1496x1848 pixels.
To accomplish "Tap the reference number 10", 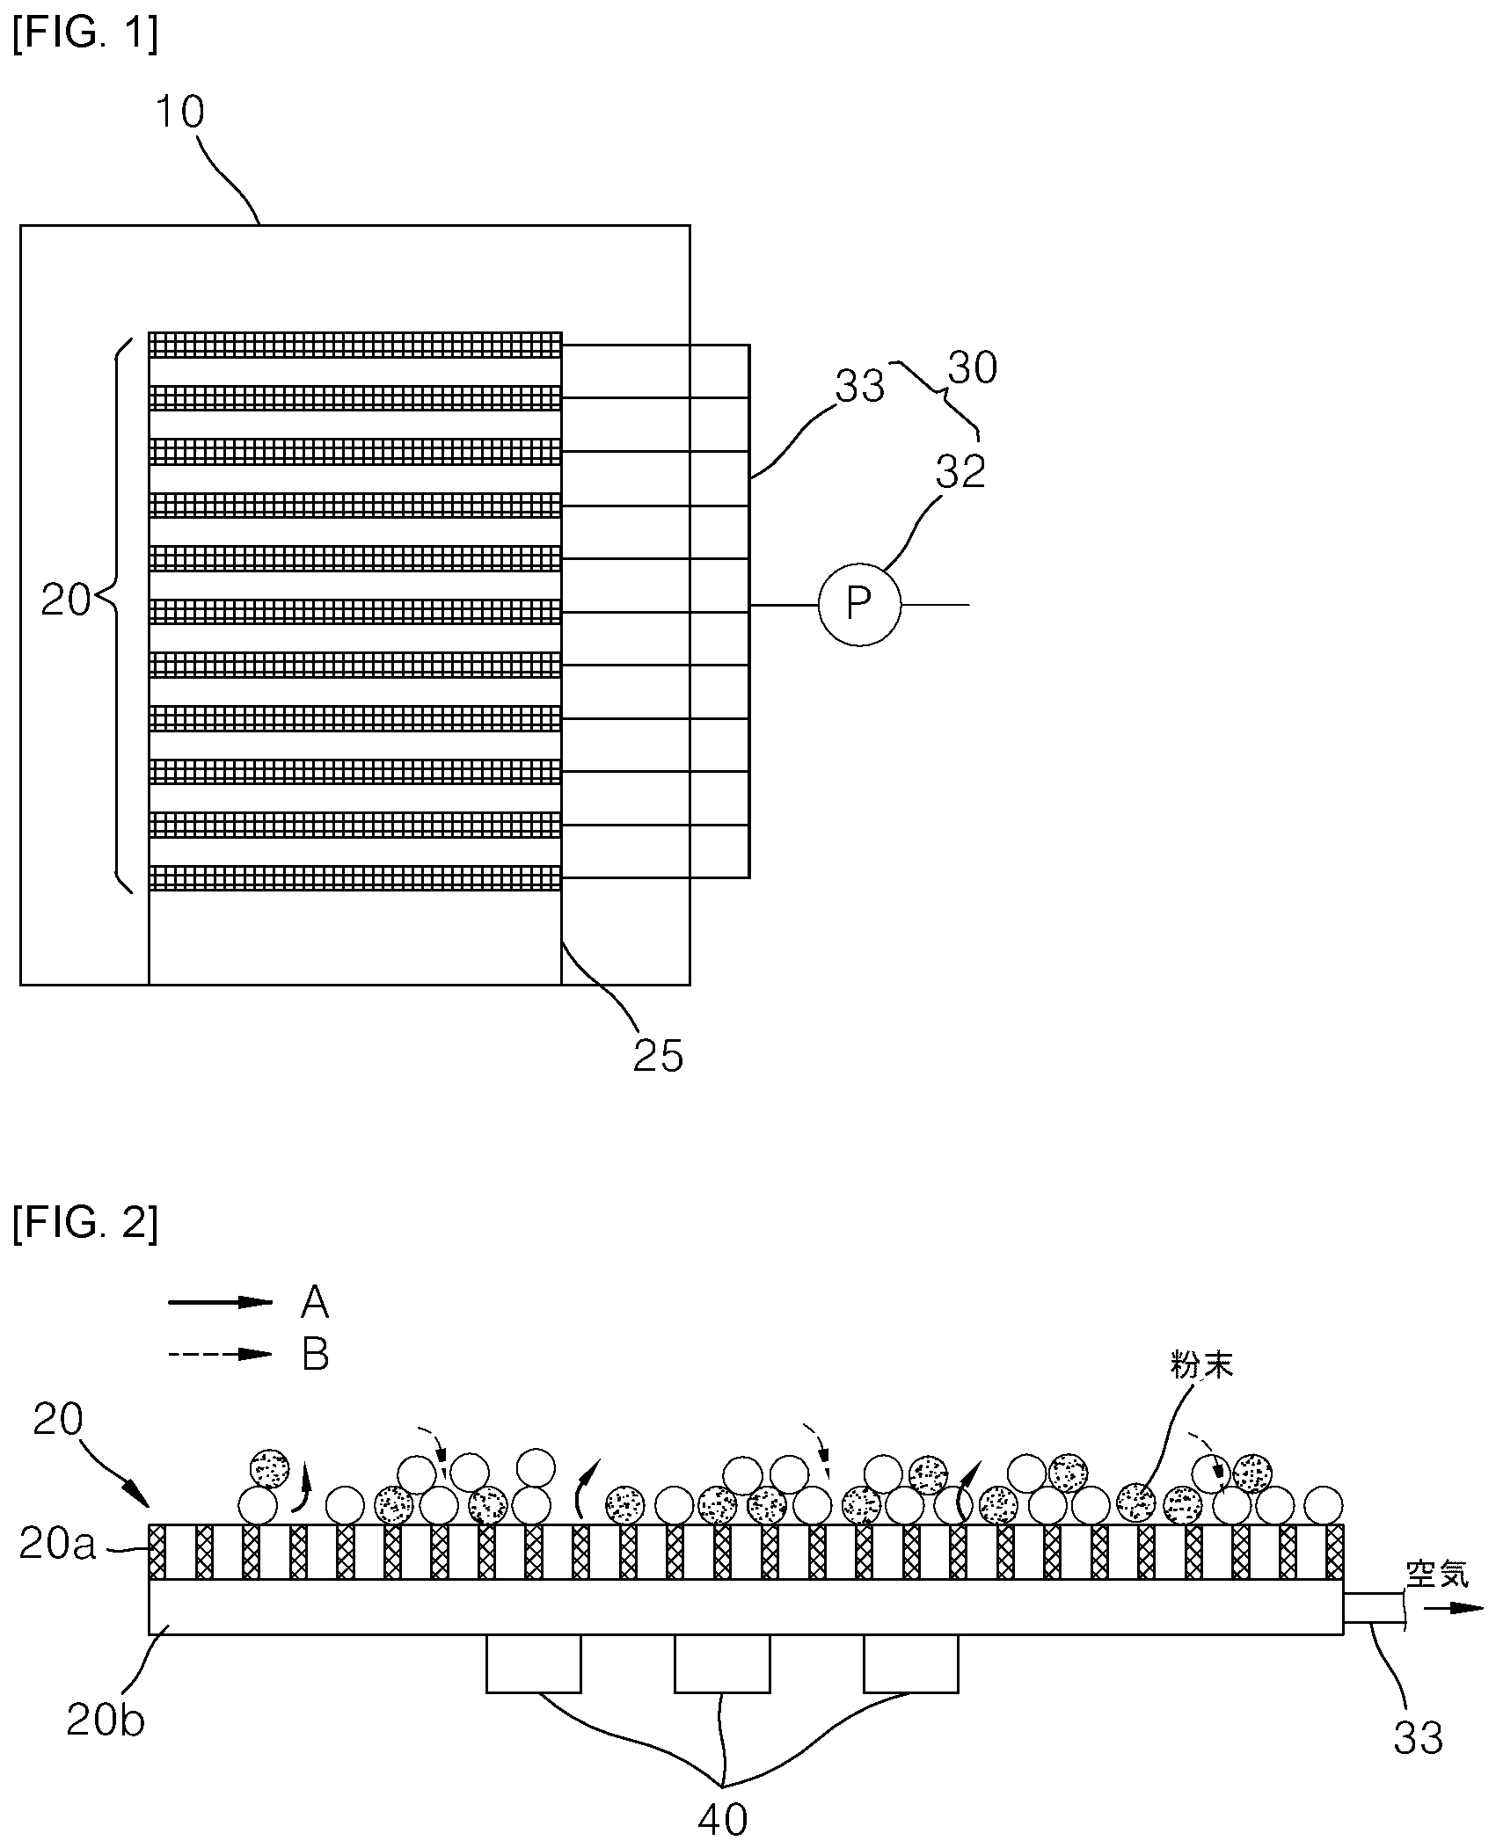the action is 179,113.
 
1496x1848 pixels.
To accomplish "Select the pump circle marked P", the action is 859,604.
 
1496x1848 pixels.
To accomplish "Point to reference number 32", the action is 960,471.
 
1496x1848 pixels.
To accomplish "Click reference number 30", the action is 972,367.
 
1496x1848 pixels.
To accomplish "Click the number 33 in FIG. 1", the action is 859,386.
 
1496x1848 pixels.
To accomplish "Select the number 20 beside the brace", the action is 66,601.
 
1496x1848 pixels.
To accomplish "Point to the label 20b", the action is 106,1719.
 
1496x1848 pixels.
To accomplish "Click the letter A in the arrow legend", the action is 315,1301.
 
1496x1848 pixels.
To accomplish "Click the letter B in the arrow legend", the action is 315,1354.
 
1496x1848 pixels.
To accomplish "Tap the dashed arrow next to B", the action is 221,1354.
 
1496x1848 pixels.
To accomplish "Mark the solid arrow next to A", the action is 221,1302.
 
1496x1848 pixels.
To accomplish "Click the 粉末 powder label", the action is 1201,1365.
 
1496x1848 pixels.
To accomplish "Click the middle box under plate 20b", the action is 722,1663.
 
